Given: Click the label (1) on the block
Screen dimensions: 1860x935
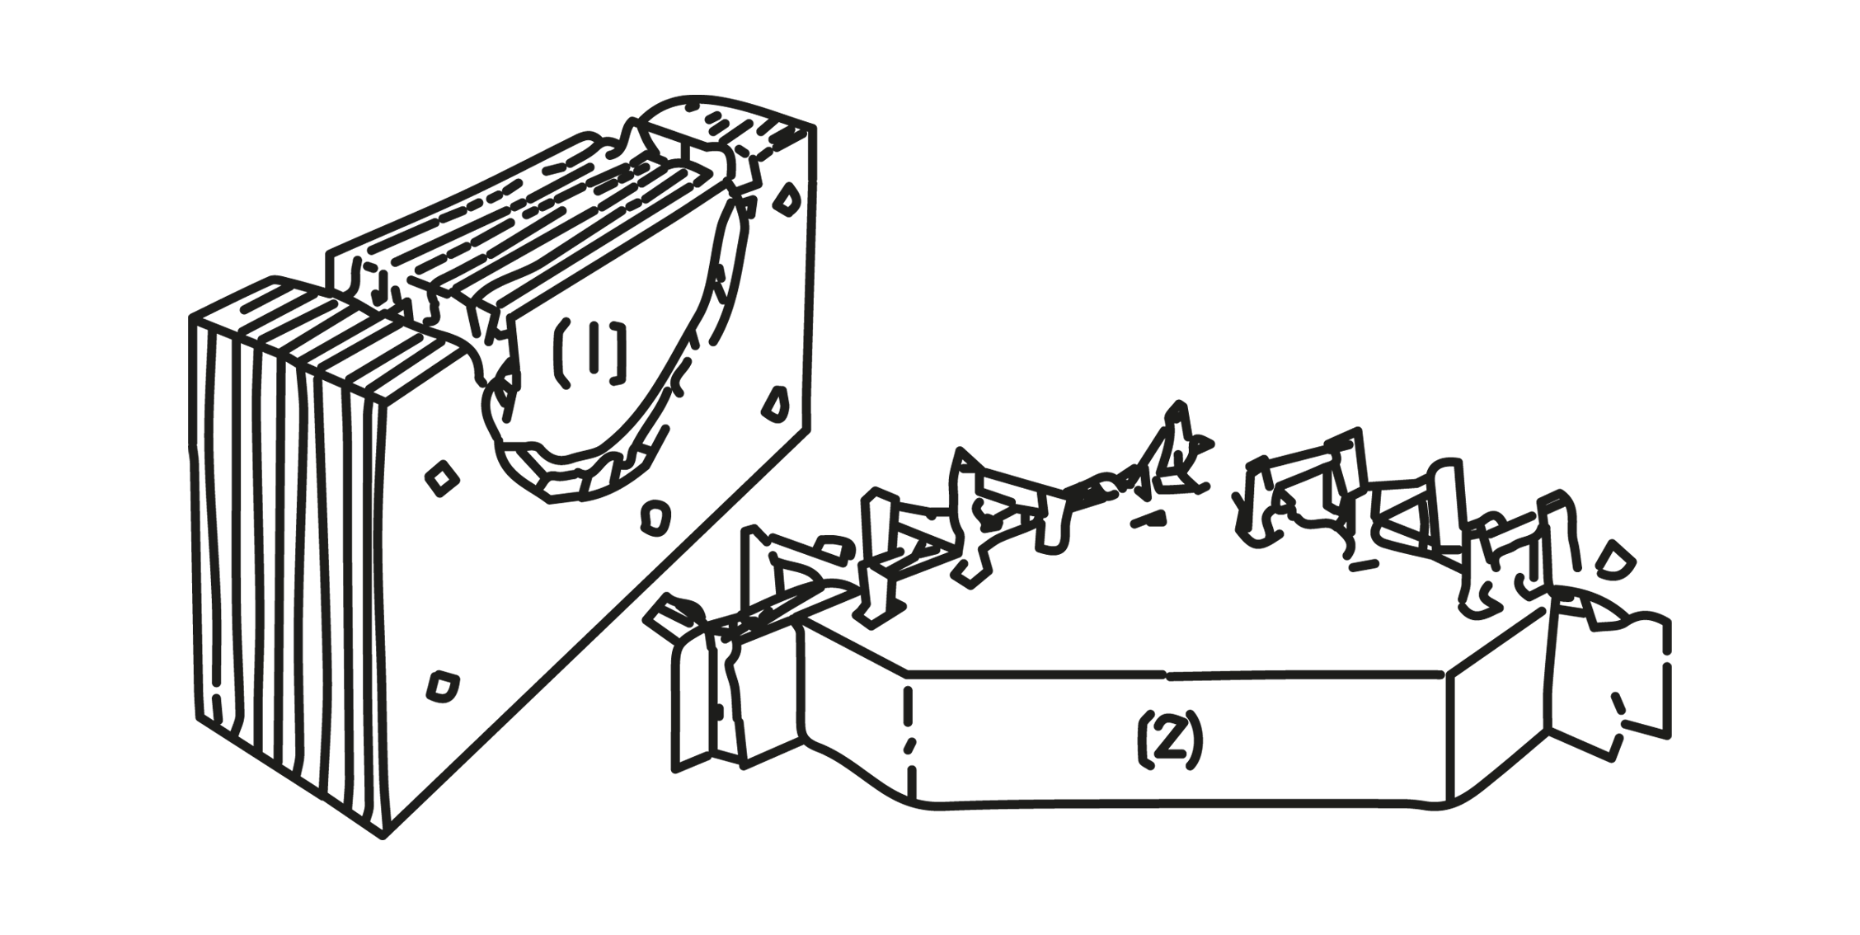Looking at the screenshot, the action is (589, 353).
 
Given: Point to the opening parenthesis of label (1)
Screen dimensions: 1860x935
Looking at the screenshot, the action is (561, 353).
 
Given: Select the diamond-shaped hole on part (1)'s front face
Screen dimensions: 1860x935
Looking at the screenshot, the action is (443, 478).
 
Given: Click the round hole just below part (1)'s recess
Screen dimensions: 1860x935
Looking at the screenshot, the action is (655, 516).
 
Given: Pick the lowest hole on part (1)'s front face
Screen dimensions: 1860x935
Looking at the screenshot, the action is (444, 686).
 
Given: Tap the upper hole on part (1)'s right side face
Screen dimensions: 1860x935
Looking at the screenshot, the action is (787, 200).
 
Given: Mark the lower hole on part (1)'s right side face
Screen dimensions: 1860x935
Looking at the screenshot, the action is (774, 403).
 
